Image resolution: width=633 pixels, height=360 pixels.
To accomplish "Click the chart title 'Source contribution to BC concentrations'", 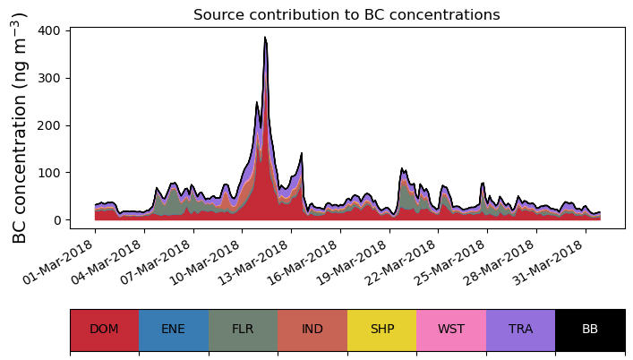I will [x=346, y=14].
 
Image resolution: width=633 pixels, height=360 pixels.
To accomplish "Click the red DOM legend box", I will [x=104, y=330].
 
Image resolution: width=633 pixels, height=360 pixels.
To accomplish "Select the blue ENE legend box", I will [x=174, y=330].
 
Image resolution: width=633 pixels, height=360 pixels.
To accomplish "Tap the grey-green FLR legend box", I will [x=243, y=330].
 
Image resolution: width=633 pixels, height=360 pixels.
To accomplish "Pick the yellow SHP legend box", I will [x=381, y=330].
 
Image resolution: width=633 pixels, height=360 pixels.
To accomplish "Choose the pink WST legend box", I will [x=451, y=330].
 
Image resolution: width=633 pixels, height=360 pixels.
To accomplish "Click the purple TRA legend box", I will [x=520, y=330].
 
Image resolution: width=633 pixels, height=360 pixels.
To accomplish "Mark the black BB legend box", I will [x=590, y=330].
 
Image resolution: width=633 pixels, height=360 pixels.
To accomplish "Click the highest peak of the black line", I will [x=265, y=38].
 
